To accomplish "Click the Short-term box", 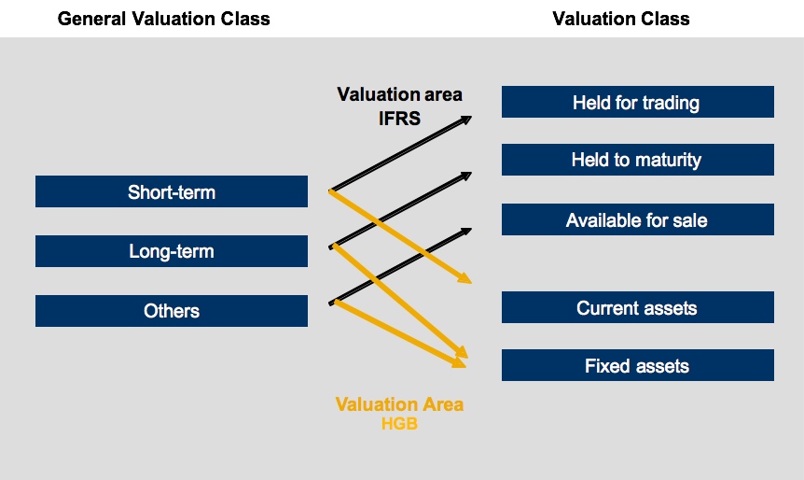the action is tap(172, 191).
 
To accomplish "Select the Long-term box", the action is tap(172, 251).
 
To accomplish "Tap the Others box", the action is tap(172, 311).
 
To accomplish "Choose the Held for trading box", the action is tap(637, 102).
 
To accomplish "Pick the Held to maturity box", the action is tap(637, 160).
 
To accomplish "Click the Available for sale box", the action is tap(637, 219).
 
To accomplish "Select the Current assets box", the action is tap(637, 307).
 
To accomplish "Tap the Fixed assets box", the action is tap(637, 365).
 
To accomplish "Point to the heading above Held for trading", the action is tap(621, 19).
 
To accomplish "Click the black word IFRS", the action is tap(399, 118).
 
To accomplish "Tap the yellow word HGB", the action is tap(399, 424).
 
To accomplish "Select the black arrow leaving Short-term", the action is tap(401, 153).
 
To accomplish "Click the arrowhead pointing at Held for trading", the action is tap(465, 119).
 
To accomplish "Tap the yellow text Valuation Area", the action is tap(399, 404).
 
